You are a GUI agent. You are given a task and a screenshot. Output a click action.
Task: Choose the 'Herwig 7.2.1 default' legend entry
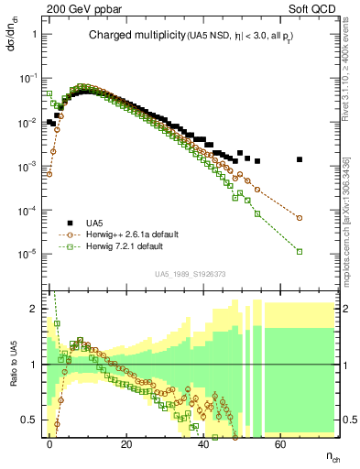124,246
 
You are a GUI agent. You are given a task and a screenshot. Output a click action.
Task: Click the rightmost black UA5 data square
300,159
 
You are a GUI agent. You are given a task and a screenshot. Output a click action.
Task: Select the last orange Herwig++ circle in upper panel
300,218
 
